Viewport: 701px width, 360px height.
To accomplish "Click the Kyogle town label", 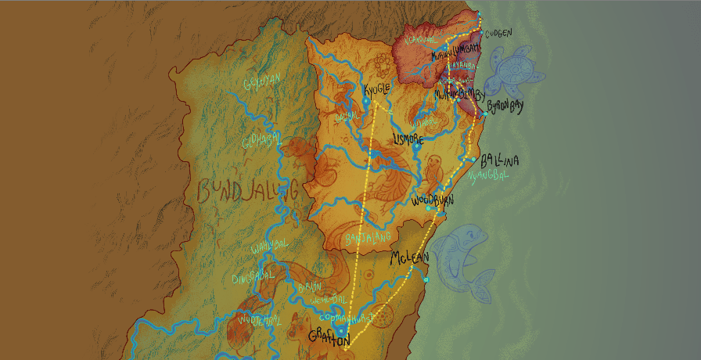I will click(x=376, y=88).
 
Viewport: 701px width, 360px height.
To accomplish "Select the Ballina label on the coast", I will click(x=501, y=160).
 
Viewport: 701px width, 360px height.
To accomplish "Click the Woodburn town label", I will click(x=433, y=199).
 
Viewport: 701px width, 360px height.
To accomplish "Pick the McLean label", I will click(x=411, y=257).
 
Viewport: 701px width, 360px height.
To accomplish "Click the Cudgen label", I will click(x=498, y=34).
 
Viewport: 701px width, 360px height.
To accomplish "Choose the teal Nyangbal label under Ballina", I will click(x=487, y=175).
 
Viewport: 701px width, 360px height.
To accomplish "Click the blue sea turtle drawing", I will click(x=512, y=72).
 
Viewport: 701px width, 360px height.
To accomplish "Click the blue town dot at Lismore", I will click(x=417, y=146).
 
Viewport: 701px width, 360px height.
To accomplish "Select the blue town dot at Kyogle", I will click(x=365, y=100).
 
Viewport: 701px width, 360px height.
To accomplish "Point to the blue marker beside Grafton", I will click(x=341, y=331).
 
